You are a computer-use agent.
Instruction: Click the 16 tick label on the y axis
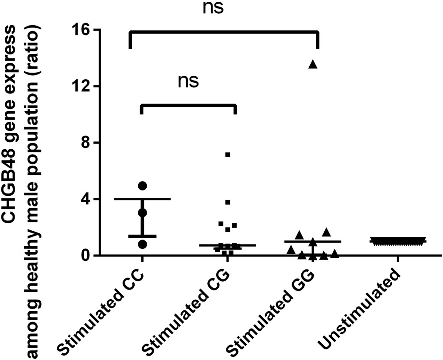click(x=82, y=30)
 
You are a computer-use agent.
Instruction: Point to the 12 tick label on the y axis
click(x=82, y=86)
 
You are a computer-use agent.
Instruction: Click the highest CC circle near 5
click(x=142, y=185)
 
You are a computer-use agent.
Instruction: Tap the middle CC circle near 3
click(x=142, y=213)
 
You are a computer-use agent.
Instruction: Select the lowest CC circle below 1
click(x=142, y=244)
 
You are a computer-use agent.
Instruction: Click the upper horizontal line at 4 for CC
click(x=142, y=199)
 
